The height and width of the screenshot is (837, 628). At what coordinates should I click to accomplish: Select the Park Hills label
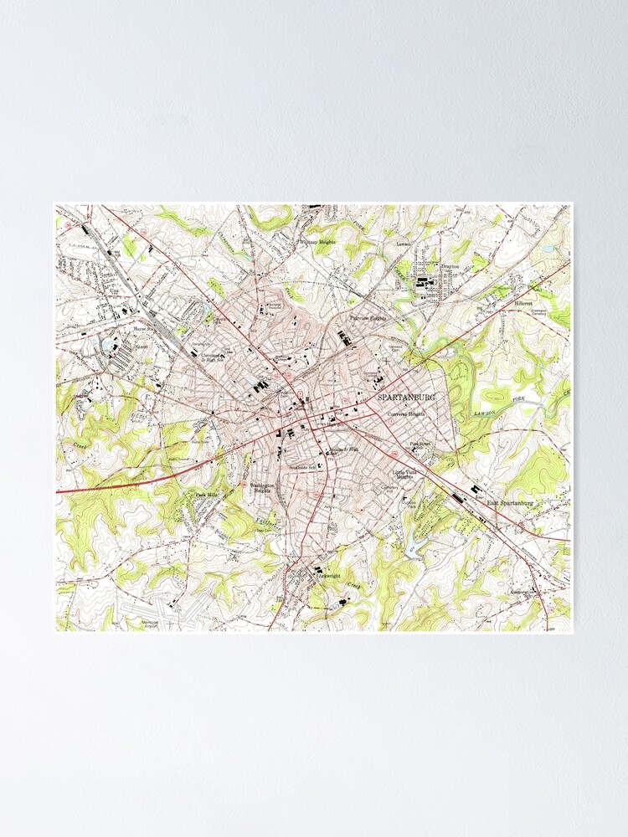[x=206, y=496]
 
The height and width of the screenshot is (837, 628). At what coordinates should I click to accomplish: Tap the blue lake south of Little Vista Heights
[x=414, y=547]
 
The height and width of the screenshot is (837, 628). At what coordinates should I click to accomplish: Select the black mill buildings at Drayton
[x=425, y=283]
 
